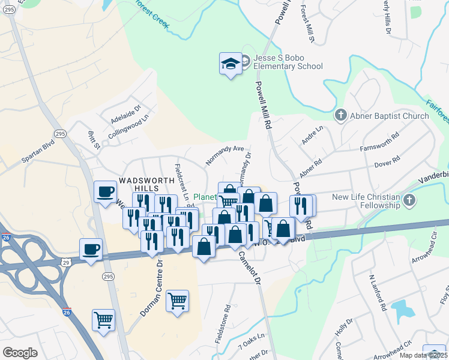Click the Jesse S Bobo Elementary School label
click(288, 62)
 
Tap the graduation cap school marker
click(231, 64)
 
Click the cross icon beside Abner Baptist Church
click(340, 115)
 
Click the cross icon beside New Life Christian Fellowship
click(410, 200)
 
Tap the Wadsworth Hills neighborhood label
click(142, 185)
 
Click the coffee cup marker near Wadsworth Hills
click(106, 191)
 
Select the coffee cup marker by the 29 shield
click(91, 249)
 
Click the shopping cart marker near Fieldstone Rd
click(178, 301)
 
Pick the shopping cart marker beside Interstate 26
click(103, 320)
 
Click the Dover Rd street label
click(387, 162)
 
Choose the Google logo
click(20, 352)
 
